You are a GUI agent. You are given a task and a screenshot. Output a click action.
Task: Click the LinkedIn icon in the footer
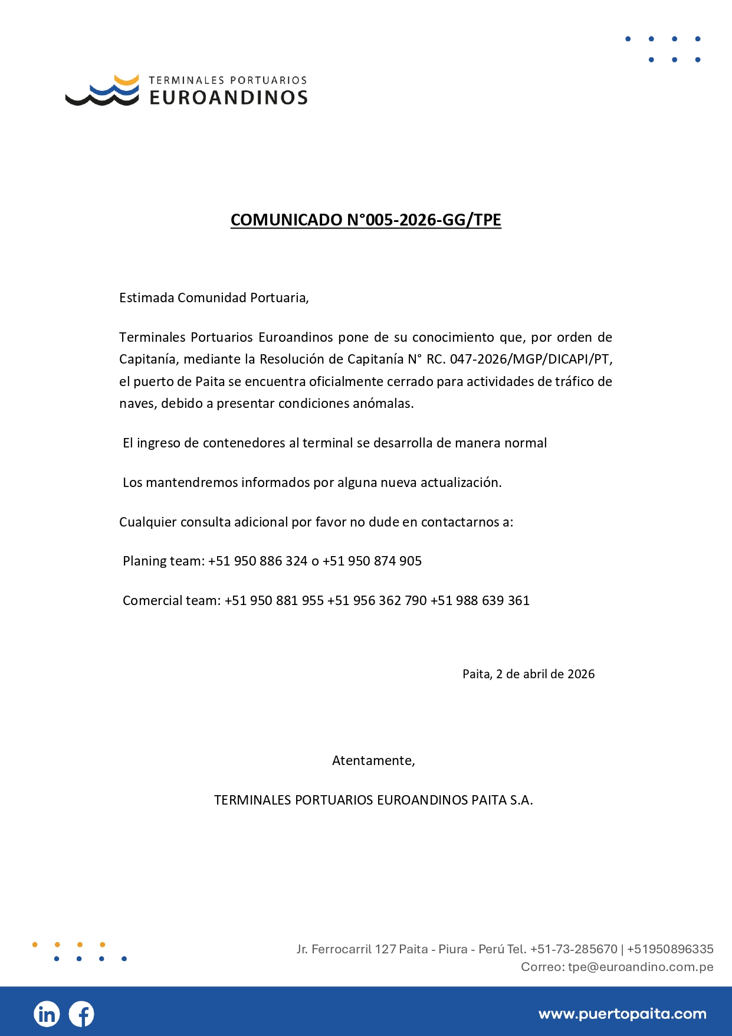[47, 1014]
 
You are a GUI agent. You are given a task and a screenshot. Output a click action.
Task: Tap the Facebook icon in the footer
[81, 1014]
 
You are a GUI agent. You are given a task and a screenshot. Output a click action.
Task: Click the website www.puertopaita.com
[622, 1014]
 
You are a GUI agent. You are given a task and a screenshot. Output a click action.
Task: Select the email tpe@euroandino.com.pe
[641, 967]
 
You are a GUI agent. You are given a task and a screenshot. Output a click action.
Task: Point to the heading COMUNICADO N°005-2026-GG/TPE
[366, 220]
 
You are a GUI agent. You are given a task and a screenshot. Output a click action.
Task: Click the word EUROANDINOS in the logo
[228, 98]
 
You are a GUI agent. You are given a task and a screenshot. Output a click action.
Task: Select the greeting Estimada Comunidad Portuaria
[214, 298]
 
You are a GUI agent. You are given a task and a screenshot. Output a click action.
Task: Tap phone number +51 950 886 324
[258, 561]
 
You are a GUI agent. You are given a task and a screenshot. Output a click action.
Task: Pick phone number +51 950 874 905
[372, 561]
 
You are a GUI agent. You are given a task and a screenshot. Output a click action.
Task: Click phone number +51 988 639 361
[480, 600]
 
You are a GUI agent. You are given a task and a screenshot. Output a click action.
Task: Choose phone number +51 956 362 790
[377, 600]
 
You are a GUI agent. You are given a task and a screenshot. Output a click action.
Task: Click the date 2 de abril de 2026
[545, 674]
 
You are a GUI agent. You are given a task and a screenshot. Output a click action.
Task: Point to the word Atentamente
[373, 760]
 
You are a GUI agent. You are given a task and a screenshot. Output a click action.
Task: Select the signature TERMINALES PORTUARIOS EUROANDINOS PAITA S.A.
[373, 800]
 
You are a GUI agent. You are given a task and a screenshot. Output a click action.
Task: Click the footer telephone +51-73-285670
[573, 949]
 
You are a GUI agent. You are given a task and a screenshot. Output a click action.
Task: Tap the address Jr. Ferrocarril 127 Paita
[362, 949]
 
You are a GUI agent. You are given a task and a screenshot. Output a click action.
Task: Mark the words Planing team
[162, 561]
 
